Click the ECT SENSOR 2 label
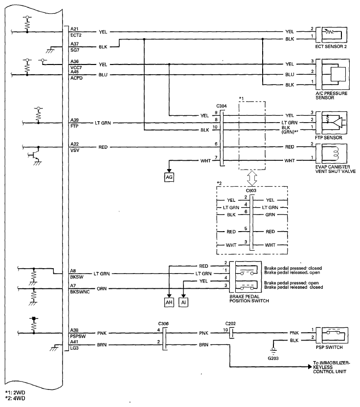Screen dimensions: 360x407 point(331,47)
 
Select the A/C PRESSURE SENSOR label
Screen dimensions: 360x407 point(332,96)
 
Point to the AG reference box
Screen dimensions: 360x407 point(169,177)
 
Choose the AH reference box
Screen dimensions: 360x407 point(169,302)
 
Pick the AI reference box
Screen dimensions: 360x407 point(183,302)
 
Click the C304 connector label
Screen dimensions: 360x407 point(222,106)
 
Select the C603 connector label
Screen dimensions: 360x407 point(251,191)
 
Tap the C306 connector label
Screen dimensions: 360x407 point(163,323)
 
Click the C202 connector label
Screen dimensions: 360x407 point(230,323)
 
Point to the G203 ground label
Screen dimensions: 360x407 point(273,358)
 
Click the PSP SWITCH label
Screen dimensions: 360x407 point(329,347)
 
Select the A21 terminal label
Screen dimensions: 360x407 point(74,29)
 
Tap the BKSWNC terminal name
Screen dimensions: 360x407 point(80,292)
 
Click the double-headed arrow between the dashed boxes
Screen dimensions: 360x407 point(252,178)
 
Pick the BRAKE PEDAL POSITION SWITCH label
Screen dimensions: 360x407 point(249,299)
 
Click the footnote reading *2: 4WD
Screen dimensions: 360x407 point(15,398)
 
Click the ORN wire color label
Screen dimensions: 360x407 point(102,288)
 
